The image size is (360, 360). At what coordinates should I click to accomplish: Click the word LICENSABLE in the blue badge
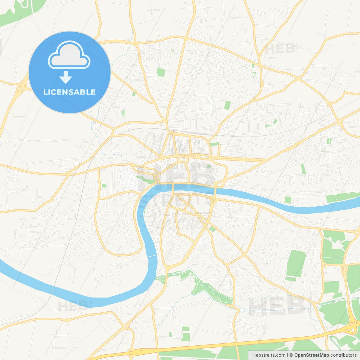click(69, 92)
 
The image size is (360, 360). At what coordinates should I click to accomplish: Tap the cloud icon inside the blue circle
click(69, 55)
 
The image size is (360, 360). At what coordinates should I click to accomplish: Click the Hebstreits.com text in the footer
click(269, 355)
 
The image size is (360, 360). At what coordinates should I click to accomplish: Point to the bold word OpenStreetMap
click(312, 355)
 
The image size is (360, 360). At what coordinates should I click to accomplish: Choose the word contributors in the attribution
click(343, 355)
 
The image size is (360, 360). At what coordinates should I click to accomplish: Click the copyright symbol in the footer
click(291, 355)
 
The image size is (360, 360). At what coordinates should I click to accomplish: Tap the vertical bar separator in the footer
click(287, 355)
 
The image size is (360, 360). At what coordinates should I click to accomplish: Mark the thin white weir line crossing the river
click(152, 256)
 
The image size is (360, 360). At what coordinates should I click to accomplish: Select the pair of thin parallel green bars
click(329, 141)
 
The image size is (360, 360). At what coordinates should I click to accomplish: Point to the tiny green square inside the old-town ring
click(209, 166)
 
